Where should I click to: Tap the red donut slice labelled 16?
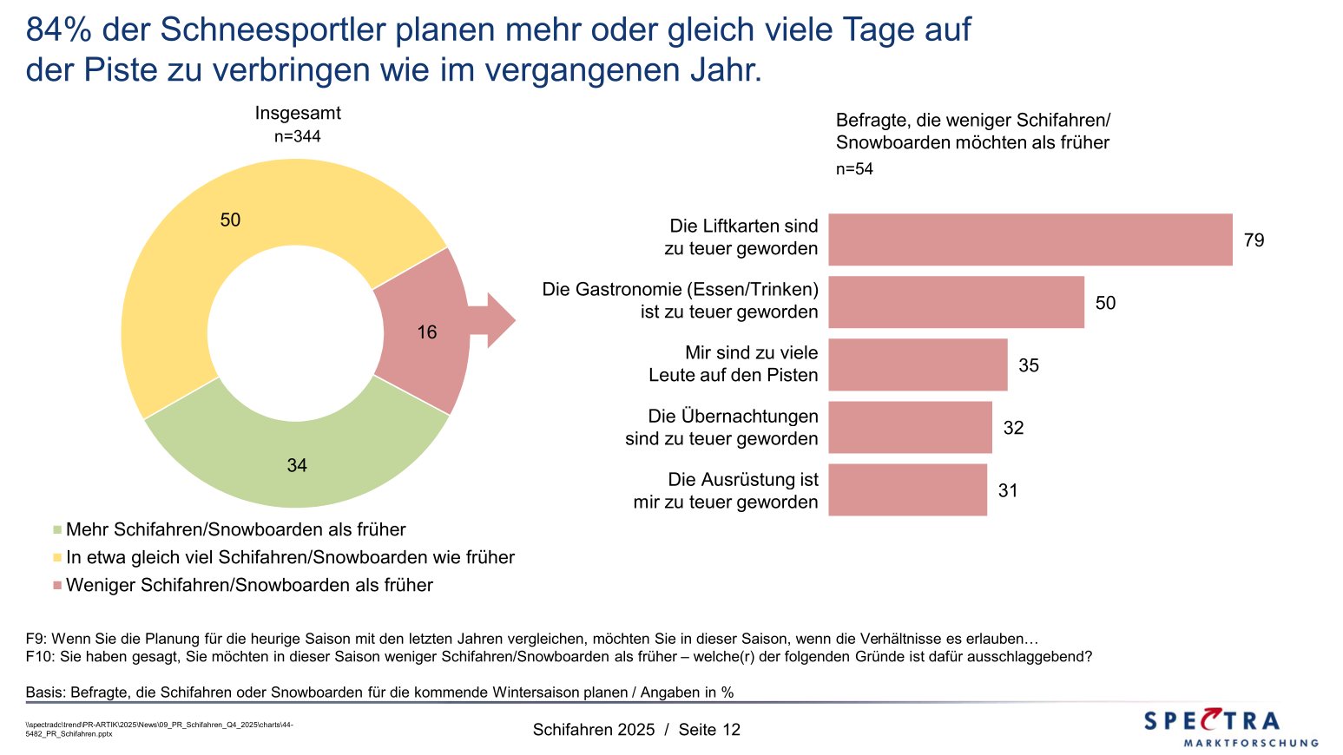pyautogui.click(x=425, y=332)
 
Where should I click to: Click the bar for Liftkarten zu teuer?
pyautogui.click(x=1030, y=240)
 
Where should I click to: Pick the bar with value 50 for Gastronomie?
pyautogui.click(x=956, y=302)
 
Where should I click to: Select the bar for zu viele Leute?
pyautogui.click(x=918, y=364)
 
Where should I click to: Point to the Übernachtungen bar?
pyautogui.click(x=910, y=427)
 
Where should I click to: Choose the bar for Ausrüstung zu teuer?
pyautogui.click(x=907, y=489)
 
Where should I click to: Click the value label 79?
pyautogui.click(x=1254, y=240)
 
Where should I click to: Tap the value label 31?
pyautogui.click(x=1007, y=490)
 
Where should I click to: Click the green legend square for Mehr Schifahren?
pyautogui.click(x=57, y=529)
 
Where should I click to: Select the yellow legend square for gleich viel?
pyautogui.click(x=57, y=557)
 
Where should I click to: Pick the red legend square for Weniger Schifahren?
pyautogui.click(x=57, y=585)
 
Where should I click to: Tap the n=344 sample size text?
pyautogui.click(x=297, y=136)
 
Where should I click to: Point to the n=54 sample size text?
pyautogui.click(x=854, y=169)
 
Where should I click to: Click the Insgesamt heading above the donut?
pyautogui.click(x=297, y=113)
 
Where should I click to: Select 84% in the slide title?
pyautogui.click(x=59, y=30)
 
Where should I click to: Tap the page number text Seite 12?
pyautogui.click(x=709, y=730)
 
